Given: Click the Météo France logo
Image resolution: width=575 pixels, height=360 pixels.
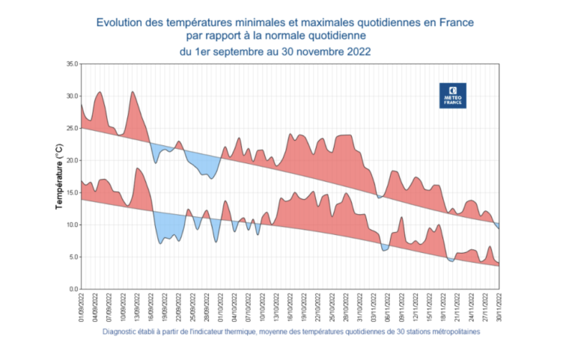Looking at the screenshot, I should pos(452,96).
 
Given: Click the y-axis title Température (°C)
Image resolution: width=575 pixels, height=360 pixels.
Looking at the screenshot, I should pos(61,176).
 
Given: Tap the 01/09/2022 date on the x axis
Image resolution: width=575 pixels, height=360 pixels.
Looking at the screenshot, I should pos(81,308).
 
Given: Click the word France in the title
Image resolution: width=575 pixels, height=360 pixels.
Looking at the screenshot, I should pos(456,22).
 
